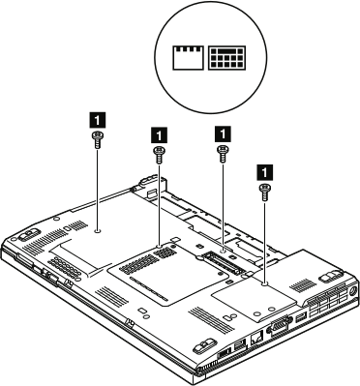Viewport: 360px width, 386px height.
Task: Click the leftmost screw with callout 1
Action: coord(98,140)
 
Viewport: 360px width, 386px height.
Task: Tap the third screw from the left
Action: coord(224,151)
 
